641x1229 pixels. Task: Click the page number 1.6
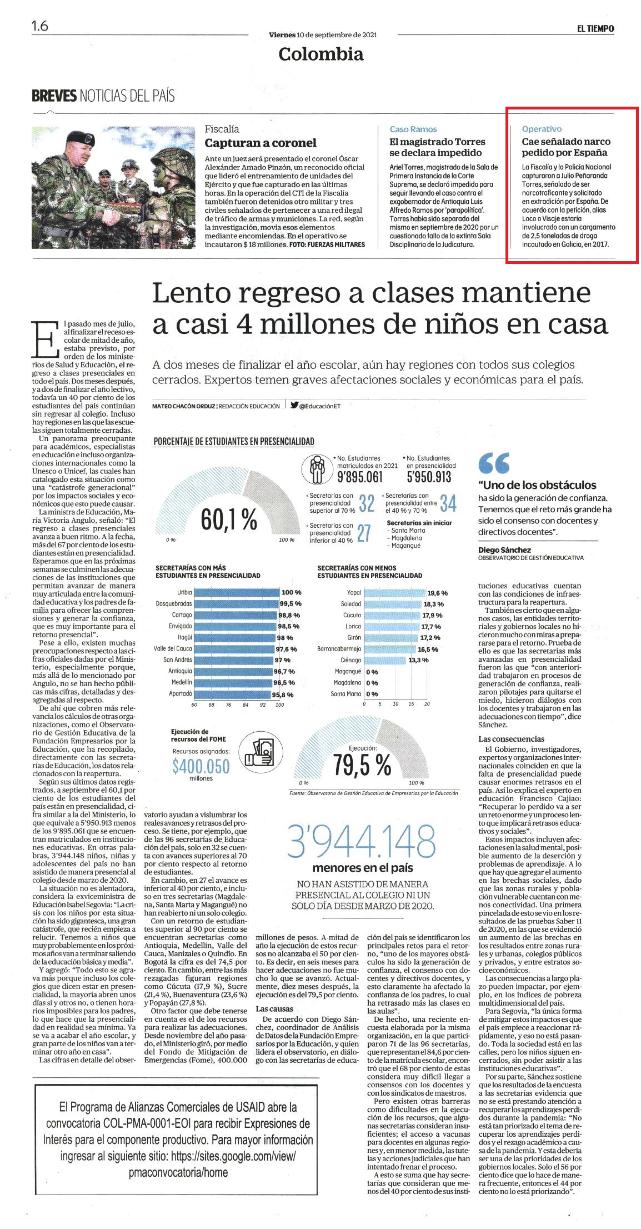40,26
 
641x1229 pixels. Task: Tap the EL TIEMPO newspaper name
595,29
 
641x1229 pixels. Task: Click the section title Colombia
321,54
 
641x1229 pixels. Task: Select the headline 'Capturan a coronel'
261,143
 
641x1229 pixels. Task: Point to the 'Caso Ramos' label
413,129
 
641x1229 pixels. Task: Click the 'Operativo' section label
542,129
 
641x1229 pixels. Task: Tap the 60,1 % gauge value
229,520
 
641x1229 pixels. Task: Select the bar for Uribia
237,593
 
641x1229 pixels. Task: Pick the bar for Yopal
394,593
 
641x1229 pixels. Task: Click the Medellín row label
181,682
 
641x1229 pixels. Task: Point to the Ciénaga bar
385,660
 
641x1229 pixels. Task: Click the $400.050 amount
201,767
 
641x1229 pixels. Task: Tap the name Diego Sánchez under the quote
503,549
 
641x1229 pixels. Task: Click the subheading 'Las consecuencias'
512,738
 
